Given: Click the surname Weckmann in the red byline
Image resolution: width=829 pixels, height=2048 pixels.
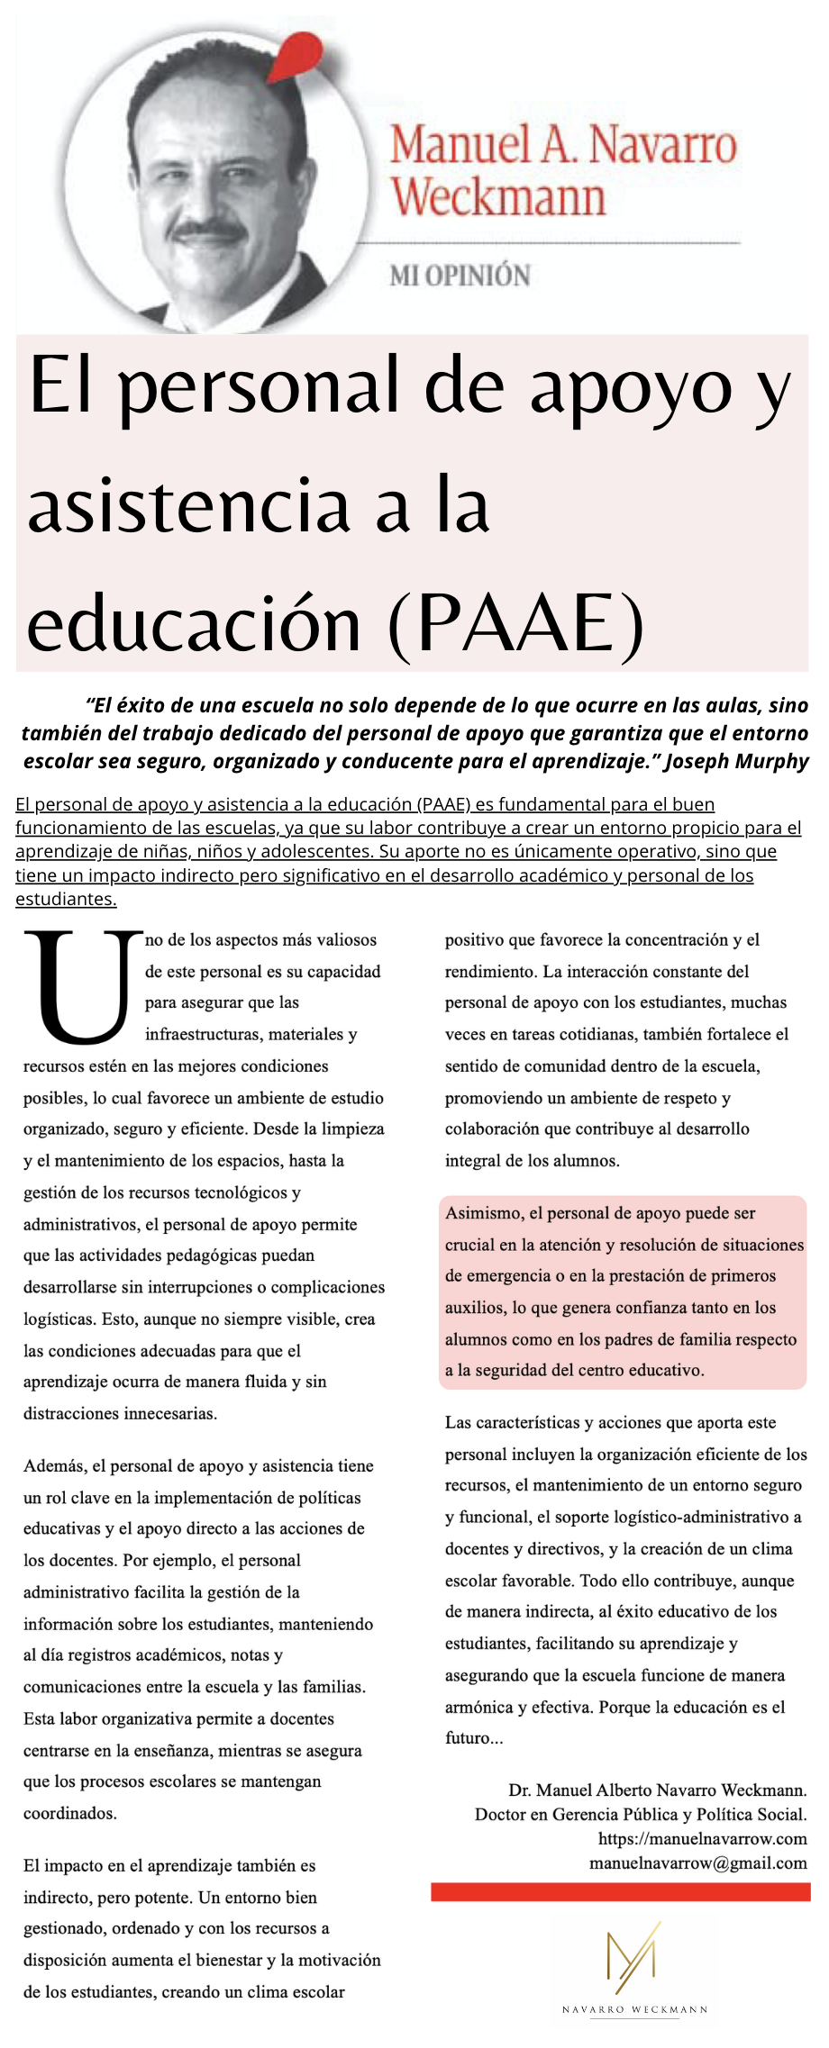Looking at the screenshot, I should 497,196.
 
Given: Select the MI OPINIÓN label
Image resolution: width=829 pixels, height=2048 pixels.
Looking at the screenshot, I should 460,276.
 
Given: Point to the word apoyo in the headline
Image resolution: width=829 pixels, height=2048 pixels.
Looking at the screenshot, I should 630,385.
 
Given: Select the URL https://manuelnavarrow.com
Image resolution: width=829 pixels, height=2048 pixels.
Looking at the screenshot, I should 702,1838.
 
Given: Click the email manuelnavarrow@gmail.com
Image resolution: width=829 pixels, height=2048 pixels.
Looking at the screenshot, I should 697,1862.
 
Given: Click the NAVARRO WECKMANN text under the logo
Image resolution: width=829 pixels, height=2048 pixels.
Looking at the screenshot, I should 634,2009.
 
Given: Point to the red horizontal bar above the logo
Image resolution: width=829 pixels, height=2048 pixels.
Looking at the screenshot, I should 620,1891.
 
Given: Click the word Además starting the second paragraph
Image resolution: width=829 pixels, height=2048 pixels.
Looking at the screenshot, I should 55,1466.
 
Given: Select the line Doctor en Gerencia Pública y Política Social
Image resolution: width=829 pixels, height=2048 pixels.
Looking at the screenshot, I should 641,1814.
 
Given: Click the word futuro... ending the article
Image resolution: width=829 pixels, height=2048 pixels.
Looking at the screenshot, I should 474,1737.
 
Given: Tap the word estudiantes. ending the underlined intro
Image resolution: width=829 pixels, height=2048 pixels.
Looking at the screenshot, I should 66,899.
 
